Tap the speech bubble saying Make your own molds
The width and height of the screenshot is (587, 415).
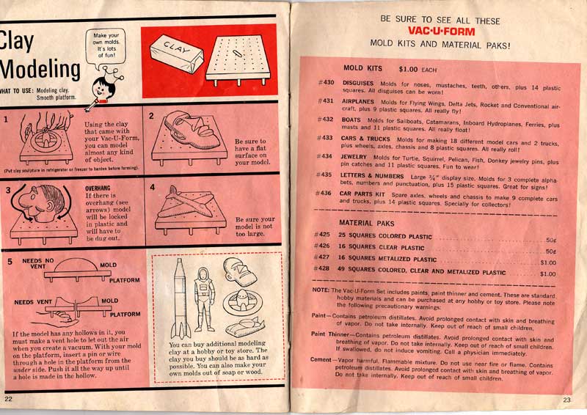[106, 45]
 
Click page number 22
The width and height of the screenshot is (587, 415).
[9, 398]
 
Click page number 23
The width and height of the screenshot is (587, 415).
[567, 400]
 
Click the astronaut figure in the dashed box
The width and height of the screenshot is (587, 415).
[203, 301]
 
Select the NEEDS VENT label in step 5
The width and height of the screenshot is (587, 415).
[34, 301]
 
